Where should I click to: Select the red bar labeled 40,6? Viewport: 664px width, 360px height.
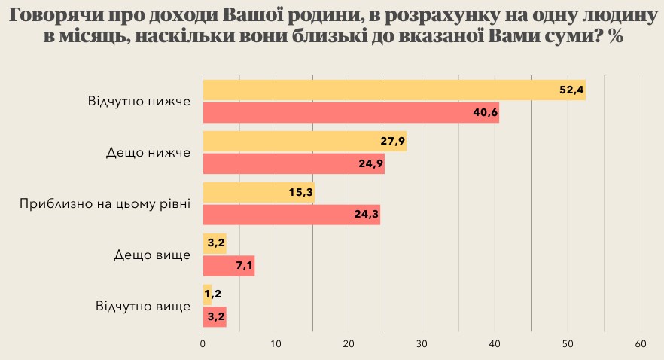[x=351, y=112]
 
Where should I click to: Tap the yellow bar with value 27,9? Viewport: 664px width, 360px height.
[x=304, y=141]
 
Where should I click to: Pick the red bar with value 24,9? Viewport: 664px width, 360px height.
[x=294, y=163]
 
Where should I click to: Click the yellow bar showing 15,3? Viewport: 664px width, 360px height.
[x=258, y=192]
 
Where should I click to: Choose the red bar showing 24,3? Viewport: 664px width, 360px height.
[x=291, y=215]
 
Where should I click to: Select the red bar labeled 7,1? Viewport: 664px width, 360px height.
[x=229, y=266]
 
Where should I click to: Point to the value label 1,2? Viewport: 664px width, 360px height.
[x=212, y=294]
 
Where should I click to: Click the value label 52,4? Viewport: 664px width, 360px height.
[x=571, y=90]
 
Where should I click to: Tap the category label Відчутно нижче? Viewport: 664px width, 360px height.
[x=139, y=101]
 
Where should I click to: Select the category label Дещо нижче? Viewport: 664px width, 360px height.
[x=149, y=152]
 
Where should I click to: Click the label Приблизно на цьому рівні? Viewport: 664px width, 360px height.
[x=105, y=203]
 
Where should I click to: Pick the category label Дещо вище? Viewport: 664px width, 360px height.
[x=152, y=255]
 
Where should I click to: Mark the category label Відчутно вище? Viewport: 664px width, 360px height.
[x=143, y=306]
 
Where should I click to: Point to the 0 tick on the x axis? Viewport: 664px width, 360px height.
[x=203, y=343]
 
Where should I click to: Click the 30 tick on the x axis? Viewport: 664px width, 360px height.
[x=422, y=343]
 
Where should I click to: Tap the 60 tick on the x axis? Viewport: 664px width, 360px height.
[x=641, y=343]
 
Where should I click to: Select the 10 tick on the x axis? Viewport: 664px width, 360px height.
[x=276, y=343]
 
